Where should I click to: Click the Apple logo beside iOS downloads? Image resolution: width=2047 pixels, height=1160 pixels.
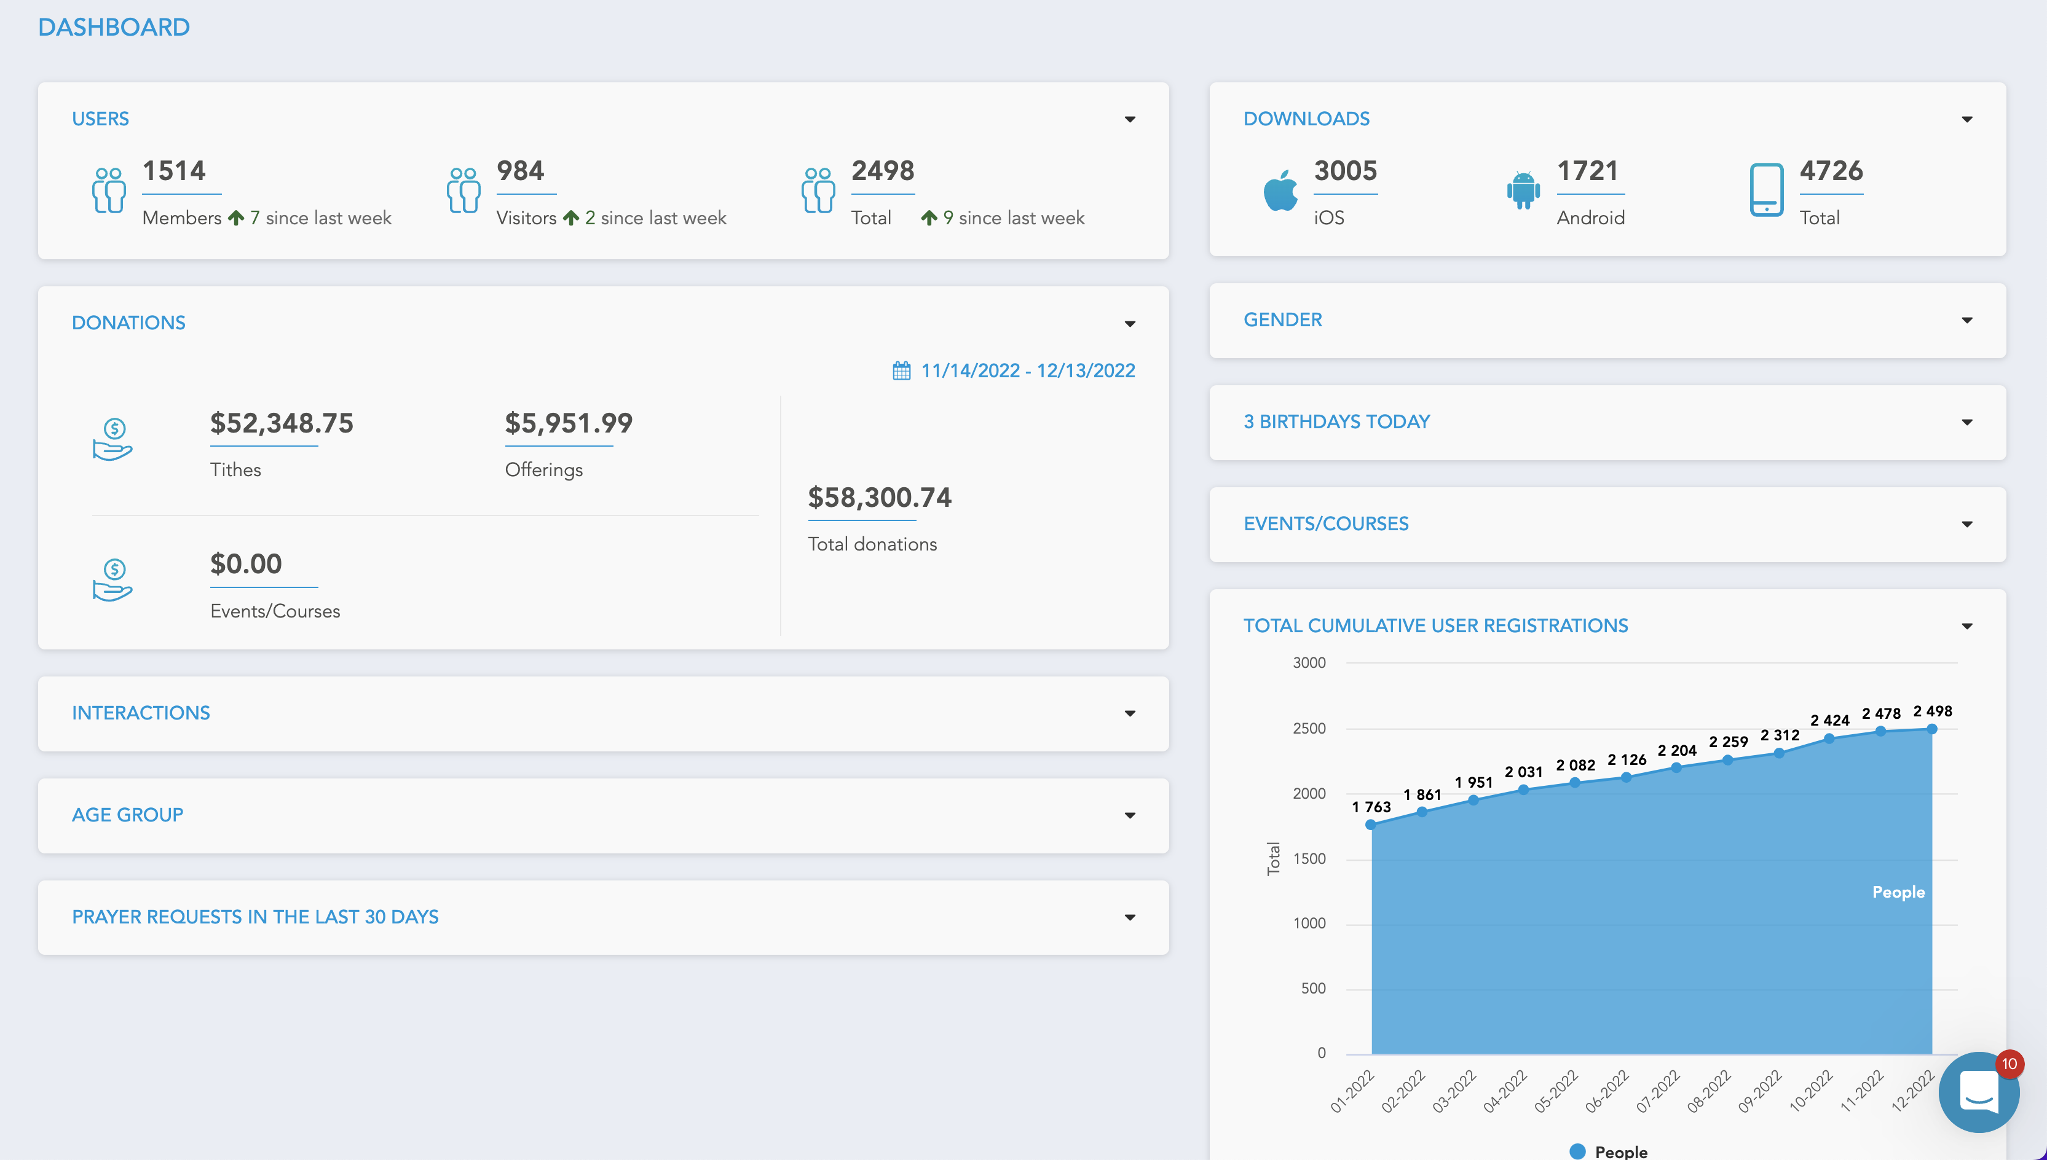(1280, 190)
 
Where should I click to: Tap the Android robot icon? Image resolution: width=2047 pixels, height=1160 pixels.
(1523, 190)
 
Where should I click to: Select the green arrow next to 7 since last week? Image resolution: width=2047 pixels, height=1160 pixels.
(236, 217)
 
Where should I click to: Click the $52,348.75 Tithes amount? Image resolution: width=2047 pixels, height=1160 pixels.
(282, 423)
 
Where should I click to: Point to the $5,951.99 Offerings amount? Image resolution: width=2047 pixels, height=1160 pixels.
(569, 423)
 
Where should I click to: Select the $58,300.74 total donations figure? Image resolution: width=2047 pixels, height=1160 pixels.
(879, 497)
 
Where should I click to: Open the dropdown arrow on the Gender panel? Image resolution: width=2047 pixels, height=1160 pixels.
(1966, 320)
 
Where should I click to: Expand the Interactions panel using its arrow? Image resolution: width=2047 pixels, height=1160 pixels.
(1129, 713)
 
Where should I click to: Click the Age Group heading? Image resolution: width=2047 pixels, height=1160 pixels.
(127, 815)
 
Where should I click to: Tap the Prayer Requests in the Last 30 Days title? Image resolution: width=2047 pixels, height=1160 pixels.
(255, 917)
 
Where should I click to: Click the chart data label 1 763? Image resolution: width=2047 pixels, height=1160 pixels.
(1371, 807)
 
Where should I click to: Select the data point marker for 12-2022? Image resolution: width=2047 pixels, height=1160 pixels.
(1931, 729)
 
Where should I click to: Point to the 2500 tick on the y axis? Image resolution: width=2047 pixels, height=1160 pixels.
(1309, 728)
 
